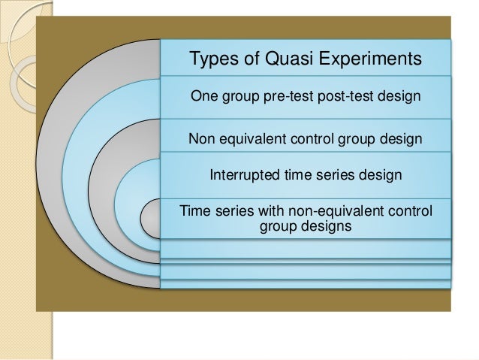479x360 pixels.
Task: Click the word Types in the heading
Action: (213, 59)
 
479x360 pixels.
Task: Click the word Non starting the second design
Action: (200, 139)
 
